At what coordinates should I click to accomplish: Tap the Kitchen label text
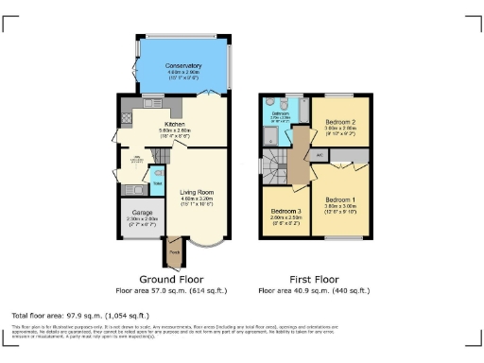(x=174, y=124)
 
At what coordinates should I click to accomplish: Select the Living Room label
(x=197, y=193)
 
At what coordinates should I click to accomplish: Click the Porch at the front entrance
(x=174, y=253)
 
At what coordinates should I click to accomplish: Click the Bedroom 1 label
(x=340, y=200)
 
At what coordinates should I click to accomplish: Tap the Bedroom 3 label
(x=285, y=211)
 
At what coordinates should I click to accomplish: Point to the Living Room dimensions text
(x=197, y=200)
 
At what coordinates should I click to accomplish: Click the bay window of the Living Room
(x=206, y=247)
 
